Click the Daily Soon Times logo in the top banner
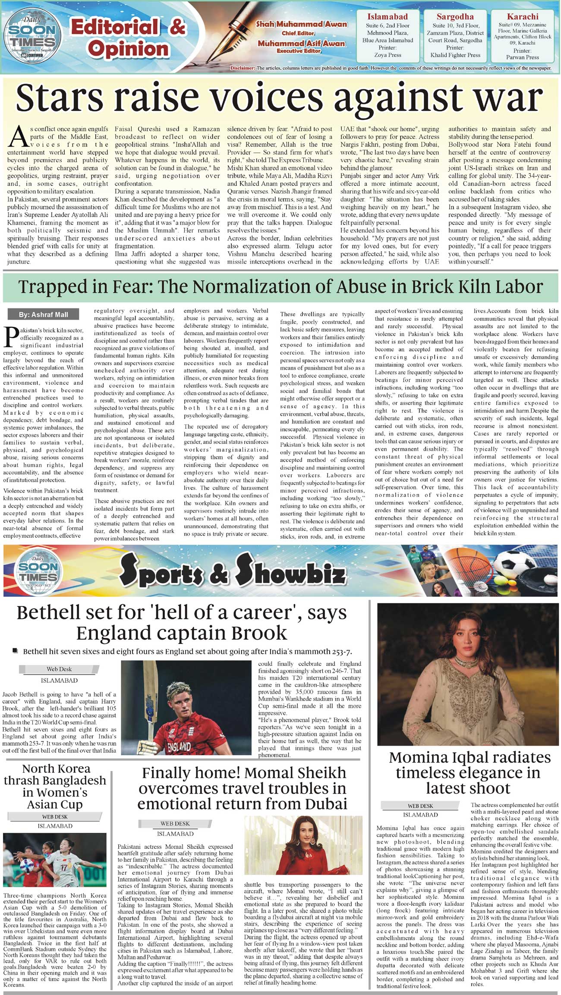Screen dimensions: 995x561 click(33, 37)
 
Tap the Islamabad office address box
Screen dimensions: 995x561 click(387, 36)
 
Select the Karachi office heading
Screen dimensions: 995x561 click(522, 17)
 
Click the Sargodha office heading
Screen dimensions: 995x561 click(455, 17)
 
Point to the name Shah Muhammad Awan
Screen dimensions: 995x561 click(302, 24)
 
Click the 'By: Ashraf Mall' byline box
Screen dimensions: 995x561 click(43, 314)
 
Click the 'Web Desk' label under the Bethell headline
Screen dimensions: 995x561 click(59, 669)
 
